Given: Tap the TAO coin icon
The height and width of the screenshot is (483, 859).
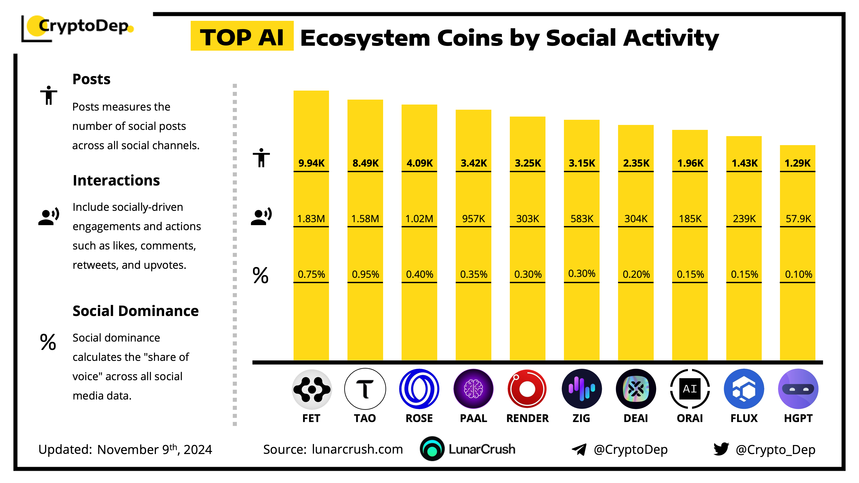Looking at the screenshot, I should click(x=365, y=389).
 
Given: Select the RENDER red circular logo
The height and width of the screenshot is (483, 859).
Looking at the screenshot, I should click(x=527, y=389).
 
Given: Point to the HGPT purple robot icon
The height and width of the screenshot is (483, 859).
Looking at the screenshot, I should click(x=798, y=389).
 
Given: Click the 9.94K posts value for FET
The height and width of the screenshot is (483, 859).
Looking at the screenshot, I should click(x=311, y=163).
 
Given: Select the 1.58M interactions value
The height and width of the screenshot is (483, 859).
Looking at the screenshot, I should click(x=365, y=219).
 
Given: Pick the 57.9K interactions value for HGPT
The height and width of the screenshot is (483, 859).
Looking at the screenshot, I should click(x=798, y=219).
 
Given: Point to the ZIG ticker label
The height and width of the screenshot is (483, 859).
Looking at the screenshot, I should click(x=581, y=418).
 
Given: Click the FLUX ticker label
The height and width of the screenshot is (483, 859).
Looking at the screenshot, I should click(x=744, y=418).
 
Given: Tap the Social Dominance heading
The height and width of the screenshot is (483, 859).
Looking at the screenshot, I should click(x=135, y=311).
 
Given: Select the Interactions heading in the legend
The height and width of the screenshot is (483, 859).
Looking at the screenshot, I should click(x=116, y=180).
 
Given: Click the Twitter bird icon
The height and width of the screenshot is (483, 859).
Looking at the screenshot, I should click(x=721, y=449).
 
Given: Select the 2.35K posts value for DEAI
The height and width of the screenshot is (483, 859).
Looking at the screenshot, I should click(x=636, y=163).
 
